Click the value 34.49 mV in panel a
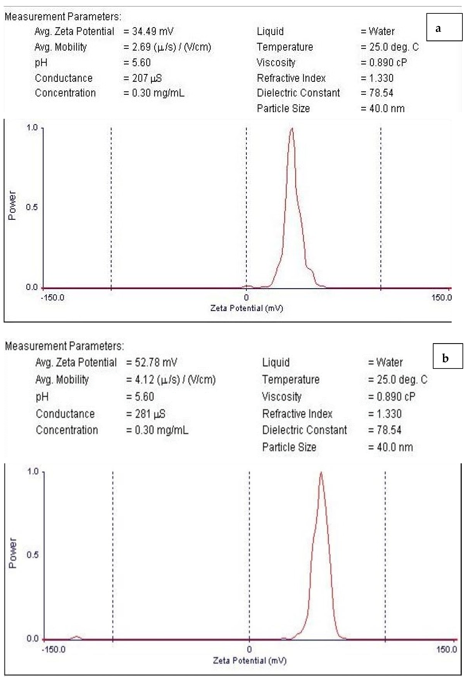(x=153, y=31)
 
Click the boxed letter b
(x=445, y=358)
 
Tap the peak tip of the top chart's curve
(x=292, y=129)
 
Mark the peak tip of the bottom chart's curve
(x=321, y=472)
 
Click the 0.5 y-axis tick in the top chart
(x=32, y=207)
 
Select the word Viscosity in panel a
(x=276, y=62)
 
